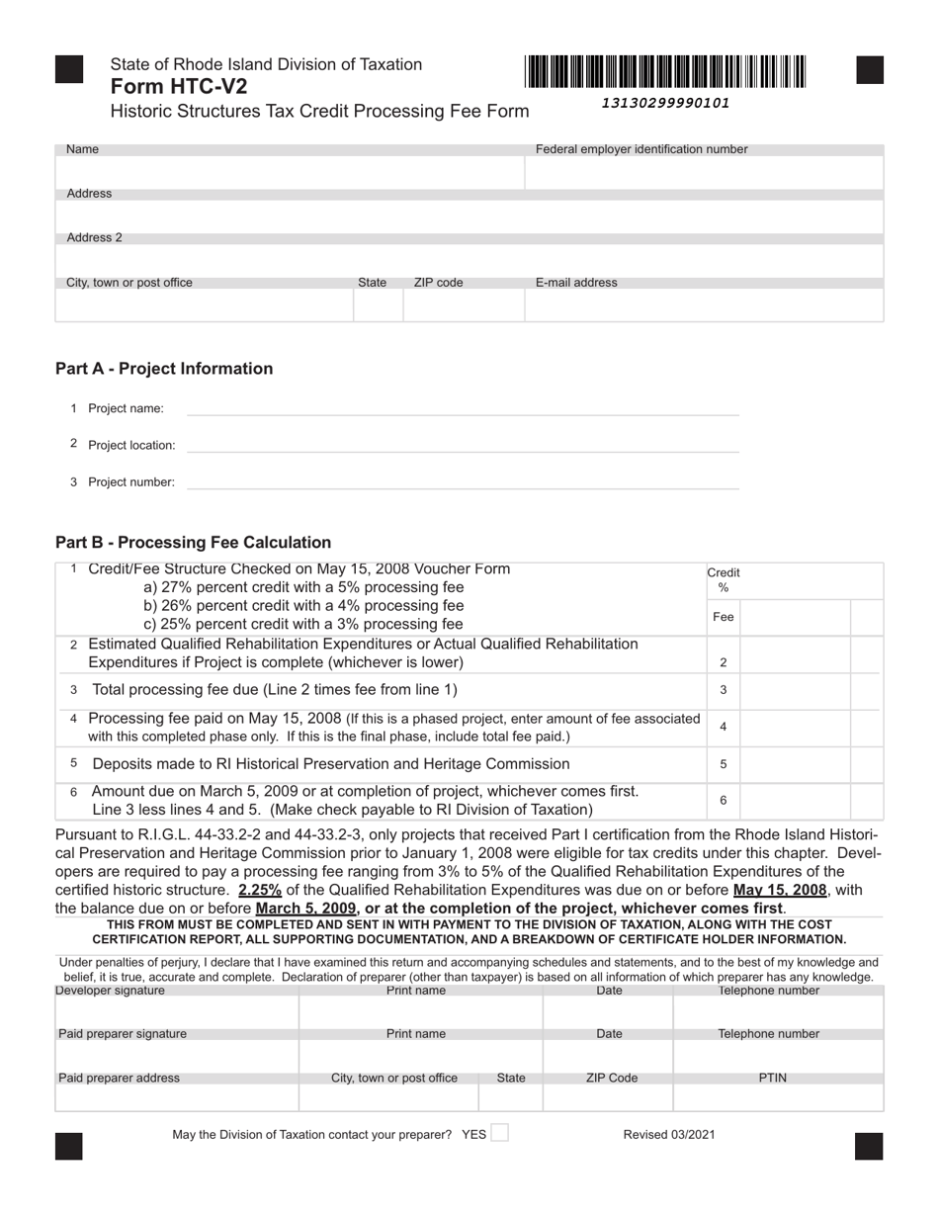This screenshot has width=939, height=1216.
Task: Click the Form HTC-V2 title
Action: (x=179, y=86)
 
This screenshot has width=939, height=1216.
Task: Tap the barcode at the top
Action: (x=665, y=72)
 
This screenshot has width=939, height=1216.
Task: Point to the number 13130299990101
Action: (x=665, y=103)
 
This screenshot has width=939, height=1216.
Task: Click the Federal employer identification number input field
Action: (x=703, y=173)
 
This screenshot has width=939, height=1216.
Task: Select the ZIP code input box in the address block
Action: (x=463, y=305)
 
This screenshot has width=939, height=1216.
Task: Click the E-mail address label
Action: (x=576, y=283)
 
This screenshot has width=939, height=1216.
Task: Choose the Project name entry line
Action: (x=463, y=408)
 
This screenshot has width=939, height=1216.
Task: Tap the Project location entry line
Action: (x=463, y=445)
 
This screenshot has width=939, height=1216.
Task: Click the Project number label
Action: (x=130, y=482)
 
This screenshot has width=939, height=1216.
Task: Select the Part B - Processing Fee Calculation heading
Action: (x=193, y=543)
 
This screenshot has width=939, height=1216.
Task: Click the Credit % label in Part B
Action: (x=724, y=579)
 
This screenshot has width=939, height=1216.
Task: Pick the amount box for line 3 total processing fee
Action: (x=795, y=690)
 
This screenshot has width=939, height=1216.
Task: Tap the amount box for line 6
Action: (x=795, y=801)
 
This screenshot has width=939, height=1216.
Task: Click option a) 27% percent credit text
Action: (x=303, y=587)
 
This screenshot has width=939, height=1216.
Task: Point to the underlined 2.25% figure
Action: (x=260, y=890)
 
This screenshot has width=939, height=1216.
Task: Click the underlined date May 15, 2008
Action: (x=780, y=890)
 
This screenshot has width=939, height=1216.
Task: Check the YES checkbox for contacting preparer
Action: (x=500, y=1133)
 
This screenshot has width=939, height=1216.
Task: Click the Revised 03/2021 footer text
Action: (x=669, y=1135)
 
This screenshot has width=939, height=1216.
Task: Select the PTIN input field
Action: (x=778, y=1097)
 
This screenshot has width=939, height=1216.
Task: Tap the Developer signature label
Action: (x=111, y=991)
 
